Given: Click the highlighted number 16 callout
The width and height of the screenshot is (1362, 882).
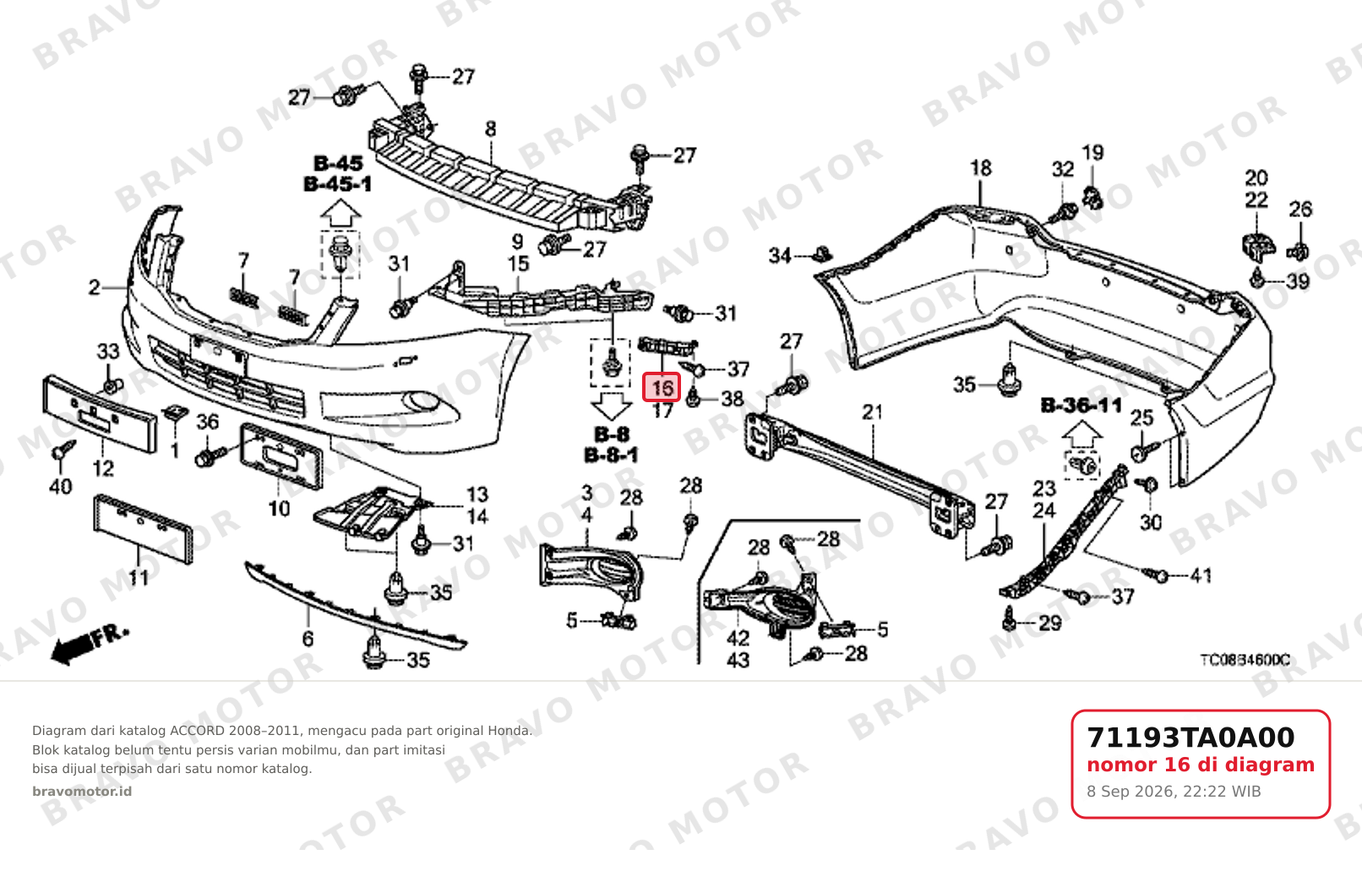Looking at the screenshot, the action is (662, 387).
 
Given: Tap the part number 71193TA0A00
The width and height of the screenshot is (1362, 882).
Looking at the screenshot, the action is (1190, 738).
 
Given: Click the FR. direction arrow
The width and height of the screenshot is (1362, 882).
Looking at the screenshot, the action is (90, 644).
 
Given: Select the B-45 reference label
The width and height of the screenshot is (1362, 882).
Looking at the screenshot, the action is (338, 163).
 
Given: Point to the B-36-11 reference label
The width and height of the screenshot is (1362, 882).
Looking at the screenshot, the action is (1081, 405).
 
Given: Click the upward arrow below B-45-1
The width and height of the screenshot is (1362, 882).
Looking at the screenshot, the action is (340, 214).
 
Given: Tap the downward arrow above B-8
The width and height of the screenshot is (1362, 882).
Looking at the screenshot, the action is (611, 406).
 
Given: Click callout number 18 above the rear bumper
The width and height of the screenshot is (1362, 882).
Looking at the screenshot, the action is (980, 168).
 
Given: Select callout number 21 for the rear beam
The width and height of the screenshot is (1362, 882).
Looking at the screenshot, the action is (872, 412).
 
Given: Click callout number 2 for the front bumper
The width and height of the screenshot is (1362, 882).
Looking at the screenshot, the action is (95, 287).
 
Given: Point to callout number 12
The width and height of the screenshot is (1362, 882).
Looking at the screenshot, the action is (103, 468).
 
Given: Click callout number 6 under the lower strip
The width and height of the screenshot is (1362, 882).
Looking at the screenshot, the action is (308, 638).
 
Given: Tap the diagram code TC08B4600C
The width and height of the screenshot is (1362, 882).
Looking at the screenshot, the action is (1245, 660).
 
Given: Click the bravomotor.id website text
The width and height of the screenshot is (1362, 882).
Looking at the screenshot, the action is (82, 792).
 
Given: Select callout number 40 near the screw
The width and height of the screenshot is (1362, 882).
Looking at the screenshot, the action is (60, 487).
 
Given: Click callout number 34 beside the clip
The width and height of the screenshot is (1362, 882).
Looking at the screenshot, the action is (780, 255).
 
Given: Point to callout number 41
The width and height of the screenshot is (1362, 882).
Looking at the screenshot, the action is (1201, 575).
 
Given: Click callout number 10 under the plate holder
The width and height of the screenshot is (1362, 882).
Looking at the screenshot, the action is (279, 509).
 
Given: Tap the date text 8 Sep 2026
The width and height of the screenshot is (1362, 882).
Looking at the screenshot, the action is (1129, 792).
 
